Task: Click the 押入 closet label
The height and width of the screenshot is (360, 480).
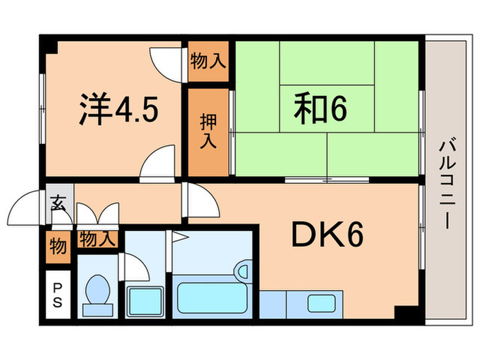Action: tap(208, 132)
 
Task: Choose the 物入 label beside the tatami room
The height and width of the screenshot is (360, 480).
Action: tap(208, 60)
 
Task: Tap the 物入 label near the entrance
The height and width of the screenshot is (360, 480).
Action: tap(97, 239)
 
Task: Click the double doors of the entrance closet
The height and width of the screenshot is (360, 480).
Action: tap(97, 215)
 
